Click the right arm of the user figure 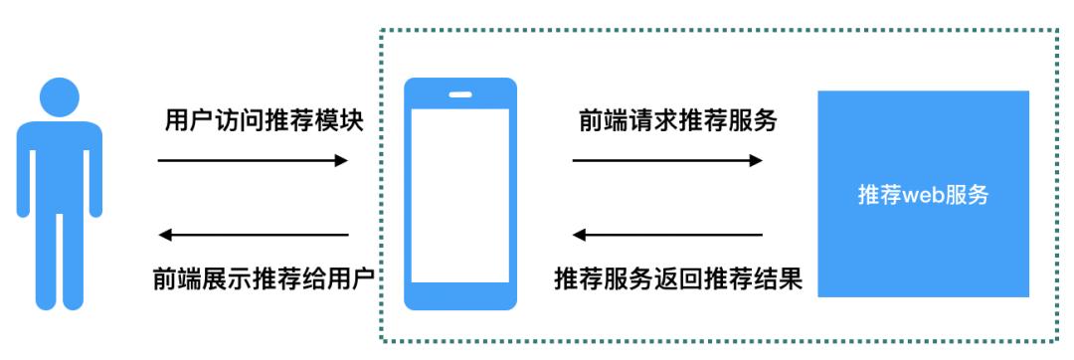(93, 179)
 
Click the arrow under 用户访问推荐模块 (253, 160)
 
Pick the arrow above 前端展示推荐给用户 (255, 236)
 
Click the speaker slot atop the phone (460, 95)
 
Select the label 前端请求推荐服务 (677, 122)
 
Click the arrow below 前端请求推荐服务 (667, 160)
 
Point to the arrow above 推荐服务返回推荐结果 (667, 236)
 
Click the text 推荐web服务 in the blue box (923, 195)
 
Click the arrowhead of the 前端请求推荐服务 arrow (757, 160)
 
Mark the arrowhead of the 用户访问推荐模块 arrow (342, 160)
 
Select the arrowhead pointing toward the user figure (166, 236)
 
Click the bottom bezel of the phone (460, 295)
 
